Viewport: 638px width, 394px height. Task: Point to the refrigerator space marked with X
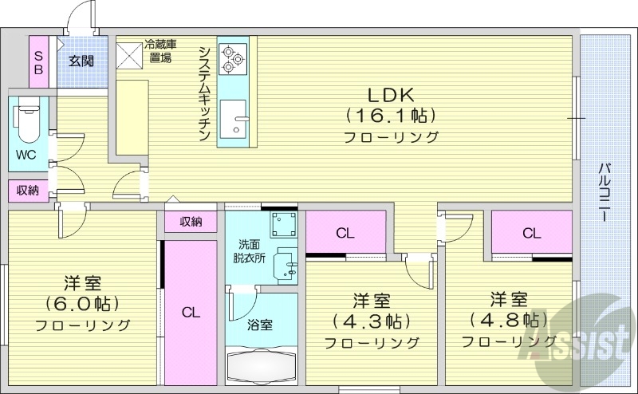tap(128, 53)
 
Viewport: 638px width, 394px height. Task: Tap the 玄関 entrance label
tap(80, 60)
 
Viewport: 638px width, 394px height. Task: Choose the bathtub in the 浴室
tap(261, 368)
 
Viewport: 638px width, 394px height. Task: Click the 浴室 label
tap(260, 325)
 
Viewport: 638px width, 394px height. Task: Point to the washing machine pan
tap(282, 225)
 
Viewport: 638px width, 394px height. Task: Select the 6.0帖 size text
tap(82, 304)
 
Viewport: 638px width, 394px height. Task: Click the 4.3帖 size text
tap(372, 321)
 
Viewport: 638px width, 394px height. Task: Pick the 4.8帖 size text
tap(508, 320)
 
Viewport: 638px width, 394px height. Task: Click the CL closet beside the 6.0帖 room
tap(189, 312)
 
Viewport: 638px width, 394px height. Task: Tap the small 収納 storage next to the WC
tap(27, 190)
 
